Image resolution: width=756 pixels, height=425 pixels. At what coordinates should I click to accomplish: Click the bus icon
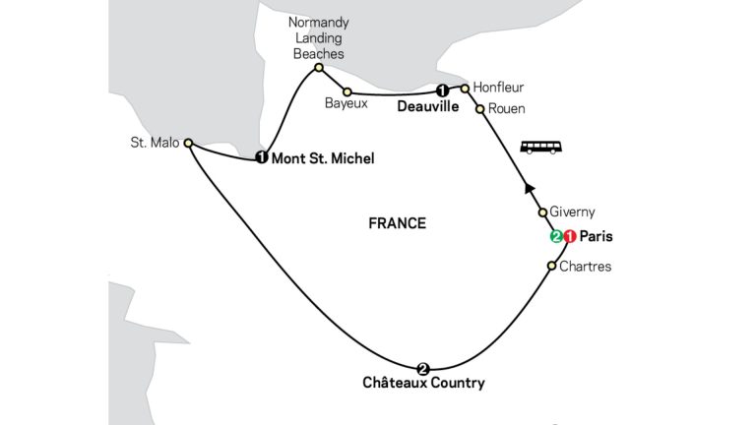(541, 147)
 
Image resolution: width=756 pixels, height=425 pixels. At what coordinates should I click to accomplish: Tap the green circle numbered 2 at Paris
(557, 236)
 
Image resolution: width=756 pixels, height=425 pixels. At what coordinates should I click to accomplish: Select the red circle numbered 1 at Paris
(570, 236)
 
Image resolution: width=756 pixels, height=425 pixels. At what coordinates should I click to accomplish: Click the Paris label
(596, 236)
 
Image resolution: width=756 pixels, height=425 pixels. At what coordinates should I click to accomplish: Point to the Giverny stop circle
(542, 212)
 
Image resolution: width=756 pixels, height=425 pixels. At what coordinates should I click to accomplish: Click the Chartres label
(586, 267)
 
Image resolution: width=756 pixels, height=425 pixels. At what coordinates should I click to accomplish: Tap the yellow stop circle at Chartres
(552, 266)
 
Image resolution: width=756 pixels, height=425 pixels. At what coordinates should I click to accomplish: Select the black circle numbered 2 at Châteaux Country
(423, 369)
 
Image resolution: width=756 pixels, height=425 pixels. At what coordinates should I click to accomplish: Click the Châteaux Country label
(424, 383)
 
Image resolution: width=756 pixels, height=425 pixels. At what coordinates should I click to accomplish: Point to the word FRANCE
(398, 223)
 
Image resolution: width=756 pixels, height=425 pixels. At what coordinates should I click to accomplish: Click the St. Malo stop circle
(189, 143)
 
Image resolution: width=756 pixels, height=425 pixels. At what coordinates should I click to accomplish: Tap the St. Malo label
(155, 143)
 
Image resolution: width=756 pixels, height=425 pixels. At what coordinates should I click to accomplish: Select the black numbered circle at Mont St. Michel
(261, 157)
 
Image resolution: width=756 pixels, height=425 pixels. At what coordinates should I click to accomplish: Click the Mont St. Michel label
(323, 158)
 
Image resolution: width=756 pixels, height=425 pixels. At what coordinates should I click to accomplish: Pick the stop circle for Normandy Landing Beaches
(319, 68)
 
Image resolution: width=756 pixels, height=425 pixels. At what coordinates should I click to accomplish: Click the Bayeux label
(346, 103)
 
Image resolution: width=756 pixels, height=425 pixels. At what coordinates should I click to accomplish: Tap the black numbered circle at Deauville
(442, 91)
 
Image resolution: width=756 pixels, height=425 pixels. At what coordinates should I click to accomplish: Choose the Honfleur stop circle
(465, 89)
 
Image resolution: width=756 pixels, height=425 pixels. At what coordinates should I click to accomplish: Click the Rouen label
(507, 109)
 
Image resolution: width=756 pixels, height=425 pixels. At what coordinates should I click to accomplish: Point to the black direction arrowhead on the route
(530, 189)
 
